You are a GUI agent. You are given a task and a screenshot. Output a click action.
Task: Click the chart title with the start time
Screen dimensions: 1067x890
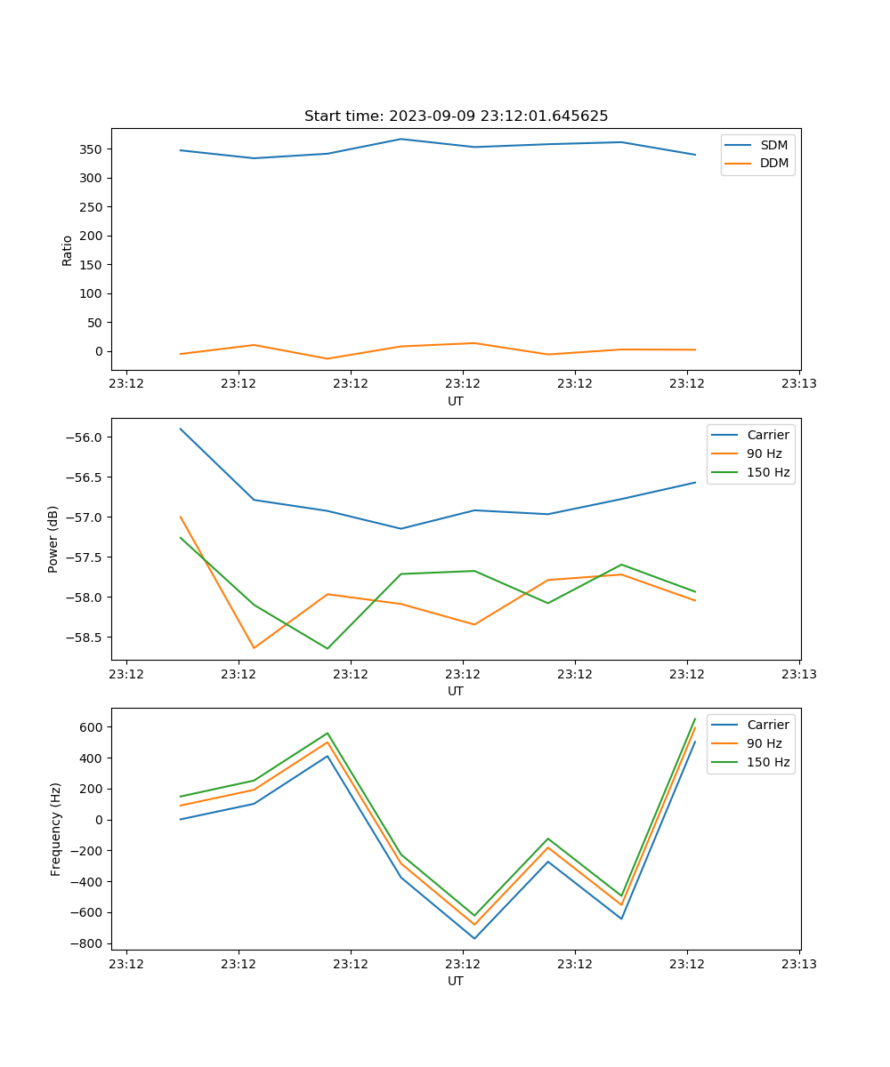456,116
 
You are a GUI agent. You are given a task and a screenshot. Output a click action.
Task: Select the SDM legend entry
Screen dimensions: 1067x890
773,145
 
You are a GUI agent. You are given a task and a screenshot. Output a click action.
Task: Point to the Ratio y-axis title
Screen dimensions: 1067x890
68,250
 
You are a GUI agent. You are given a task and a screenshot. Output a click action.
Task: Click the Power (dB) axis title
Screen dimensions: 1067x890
53,539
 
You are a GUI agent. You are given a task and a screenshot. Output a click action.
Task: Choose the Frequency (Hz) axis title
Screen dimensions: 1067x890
55,829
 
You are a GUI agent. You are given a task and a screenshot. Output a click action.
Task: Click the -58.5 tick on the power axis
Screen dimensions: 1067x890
82,638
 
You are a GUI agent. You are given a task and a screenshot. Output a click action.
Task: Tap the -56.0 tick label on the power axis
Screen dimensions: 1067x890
82,437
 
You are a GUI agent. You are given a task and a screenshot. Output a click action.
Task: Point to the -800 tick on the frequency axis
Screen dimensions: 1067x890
88,943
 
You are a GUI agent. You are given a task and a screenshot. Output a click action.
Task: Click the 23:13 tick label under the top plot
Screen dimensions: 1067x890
799,384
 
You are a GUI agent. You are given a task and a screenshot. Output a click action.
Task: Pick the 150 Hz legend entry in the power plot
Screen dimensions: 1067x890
768,473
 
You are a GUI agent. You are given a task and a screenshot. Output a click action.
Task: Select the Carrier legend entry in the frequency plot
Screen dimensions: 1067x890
768,725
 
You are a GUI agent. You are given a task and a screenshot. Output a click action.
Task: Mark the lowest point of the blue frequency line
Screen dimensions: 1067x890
474,938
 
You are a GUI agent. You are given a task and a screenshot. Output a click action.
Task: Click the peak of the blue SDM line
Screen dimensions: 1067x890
400,139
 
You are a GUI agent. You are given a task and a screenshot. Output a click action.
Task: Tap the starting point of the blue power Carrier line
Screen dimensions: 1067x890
181,429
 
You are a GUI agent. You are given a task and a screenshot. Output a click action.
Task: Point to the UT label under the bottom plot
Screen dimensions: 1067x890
456,981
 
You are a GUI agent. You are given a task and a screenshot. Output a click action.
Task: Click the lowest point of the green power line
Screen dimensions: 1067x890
328,648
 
